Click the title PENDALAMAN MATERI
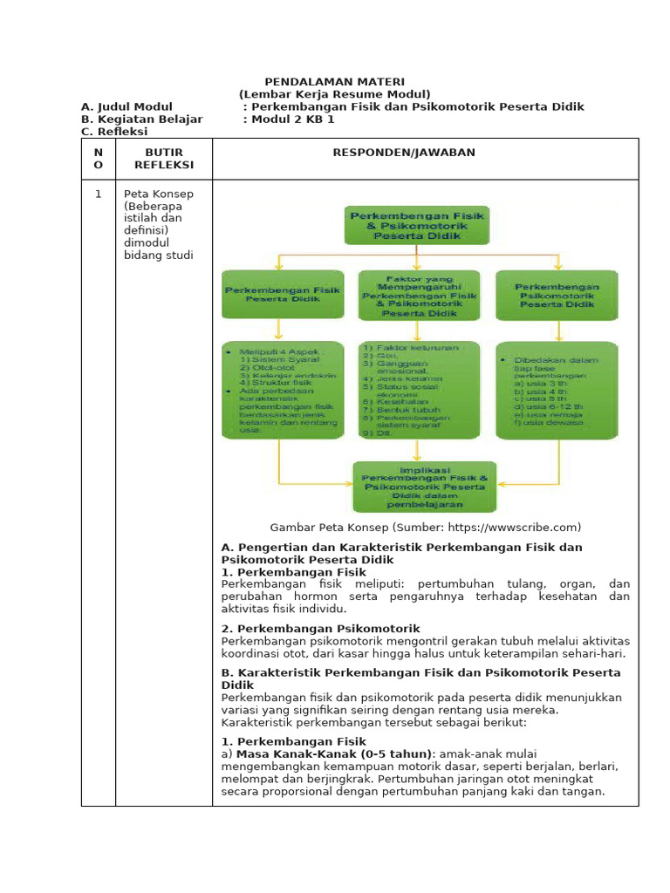[x=334, y=81]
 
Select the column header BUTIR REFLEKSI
[x=164, y=159]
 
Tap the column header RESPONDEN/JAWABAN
[x=404, y=153]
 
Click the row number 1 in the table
[x=99, y=194]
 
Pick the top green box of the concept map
[x=418, y=224]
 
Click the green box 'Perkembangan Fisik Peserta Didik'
[x=271, y=293]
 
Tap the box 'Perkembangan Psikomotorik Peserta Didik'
[x=556, y=295]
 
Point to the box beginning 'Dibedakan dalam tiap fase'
[x=556, y=389]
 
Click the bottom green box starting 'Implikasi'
[x=424, y=487]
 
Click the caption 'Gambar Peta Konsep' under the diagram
[x=425, y=528]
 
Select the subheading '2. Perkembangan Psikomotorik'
[x=320, y=628]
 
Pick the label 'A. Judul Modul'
[x=126, y=106]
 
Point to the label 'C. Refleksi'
[x=114, y=132]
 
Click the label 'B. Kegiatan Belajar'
[x=141, y=119]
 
